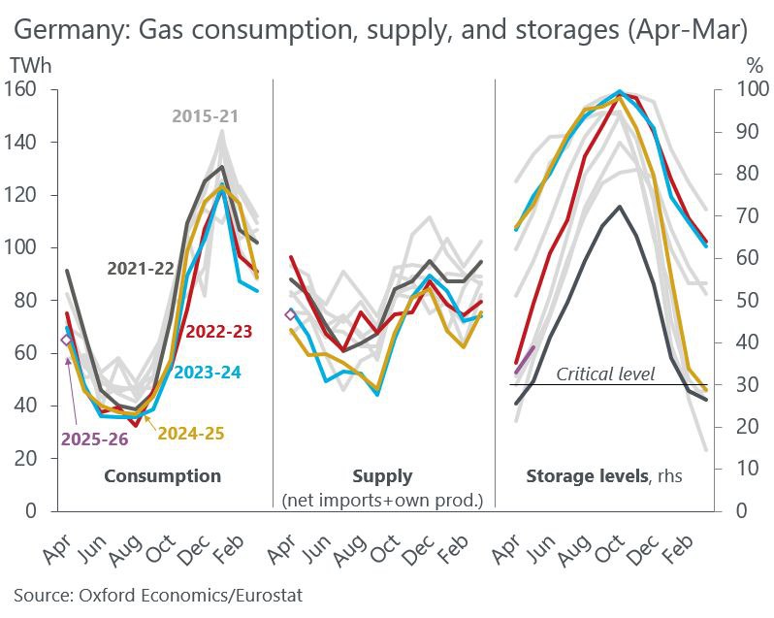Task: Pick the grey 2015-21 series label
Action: click(206, 116)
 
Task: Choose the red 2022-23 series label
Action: click(219, 332)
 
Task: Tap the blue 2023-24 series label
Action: click(209, 372)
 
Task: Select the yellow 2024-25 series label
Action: click(192, 434)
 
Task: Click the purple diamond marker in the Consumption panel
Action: click(66, 340)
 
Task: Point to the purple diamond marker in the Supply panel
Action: click(289, 314)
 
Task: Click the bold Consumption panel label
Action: click(162, 476)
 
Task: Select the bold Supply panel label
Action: click(385, 476)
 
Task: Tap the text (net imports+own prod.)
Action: click(383, 501)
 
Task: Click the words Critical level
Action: click(605, 374)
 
